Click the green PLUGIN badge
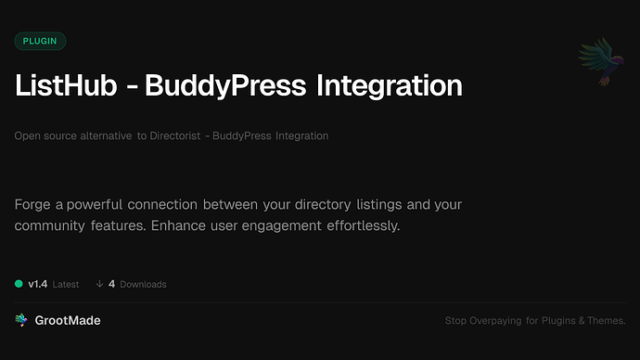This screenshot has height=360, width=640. coord(40,41)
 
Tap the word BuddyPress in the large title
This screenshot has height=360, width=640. coord(228,86)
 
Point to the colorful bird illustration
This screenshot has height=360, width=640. coord(596,62)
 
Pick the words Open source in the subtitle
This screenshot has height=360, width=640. coord(45,136)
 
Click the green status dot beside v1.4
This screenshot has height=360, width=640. coord(19,284)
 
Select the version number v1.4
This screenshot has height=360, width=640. coord(38,284)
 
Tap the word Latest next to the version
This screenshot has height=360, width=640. coord(66,284)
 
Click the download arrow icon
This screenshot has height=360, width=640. coord(98,284)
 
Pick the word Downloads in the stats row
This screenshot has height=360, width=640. coord(143,284)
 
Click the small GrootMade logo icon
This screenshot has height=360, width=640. coord(20,320)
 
